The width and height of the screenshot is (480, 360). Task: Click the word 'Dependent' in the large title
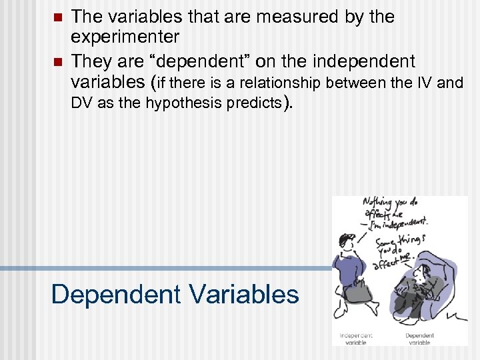pos(107,294)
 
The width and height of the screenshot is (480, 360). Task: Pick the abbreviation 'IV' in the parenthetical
pos(422,83)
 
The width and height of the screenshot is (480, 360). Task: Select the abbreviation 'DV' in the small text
pos(82,103)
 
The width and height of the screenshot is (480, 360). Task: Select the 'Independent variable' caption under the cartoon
pos(357,338)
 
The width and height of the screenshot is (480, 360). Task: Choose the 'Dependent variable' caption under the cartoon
pos(419,338)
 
